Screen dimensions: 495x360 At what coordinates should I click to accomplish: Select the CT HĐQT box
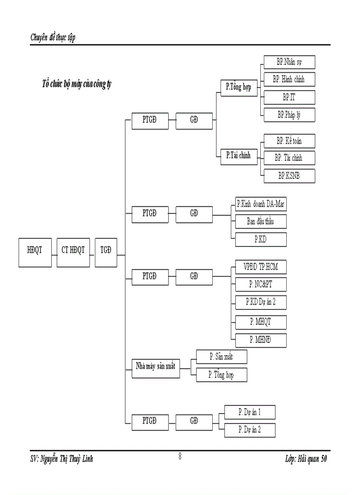point(73,253)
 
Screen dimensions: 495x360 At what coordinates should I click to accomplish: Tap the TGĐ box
point(106,253)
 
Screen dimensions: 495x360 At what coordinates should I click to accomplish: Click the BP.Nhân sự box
point(289,62)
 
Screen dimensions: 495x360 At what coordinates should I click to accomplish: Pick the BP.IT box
point(289,97)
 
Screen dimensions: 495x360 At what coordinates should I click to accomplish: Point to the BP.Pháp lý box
point(289,115)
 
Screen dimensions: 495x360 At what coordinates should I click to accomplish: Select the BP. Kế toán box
point(289,141)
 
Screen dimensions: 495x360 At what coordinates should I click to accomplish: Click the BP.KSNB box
point(289,176)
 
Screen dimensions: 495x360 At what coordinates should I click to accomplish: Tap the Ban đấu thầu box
point(261,221)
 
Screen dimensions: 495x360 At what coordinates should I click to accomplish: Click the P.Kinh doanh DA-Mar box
point(261,204)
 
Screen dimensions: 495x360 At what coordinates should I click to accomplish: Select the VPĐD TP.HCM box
point(261,267)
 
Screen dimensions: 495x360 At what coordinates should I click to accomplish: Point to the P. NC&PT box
point(261,285)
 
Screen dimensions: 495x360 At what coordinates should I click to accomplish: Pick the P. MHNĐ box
point(261,340)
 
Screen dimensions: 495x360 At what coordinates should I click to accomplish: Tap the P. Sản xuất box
point(221,357)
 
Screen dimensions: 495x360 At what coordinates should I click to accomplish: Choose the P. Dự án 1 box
point(250,412)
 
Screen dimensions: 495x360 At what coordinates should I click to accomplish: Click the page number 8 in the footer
point(180,457)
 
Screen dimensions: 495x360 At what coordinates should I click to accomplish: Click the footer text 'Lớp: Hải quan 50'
point(306,459)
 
